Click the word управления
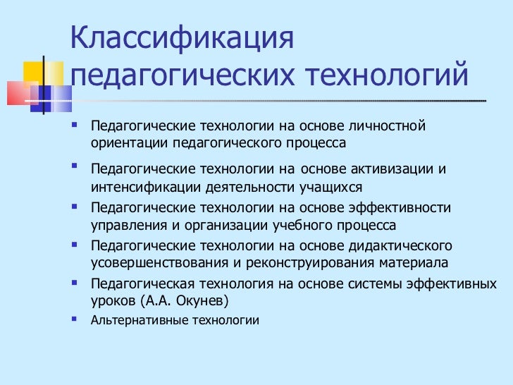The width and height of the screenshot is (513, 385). (x=125, y=226)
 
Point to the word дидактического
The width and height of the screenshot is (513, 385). (x=400, y=246)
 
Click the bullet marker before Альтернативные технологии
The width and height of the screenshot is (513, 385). (x=75, y=319)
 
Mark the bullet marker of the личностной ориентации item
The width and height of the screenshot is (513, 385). (x=75, y=126)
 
